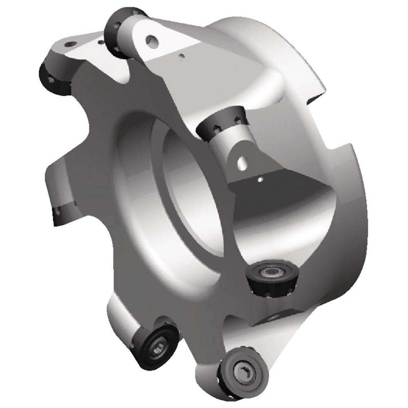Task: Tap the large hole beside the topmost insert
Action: coord(152,40)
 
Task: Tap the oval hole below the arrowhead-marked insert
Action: coord(243,163)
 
